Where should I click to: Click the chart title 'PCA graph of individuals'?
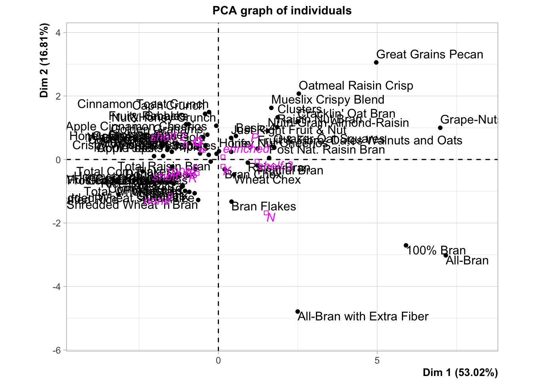(x=282, y=11)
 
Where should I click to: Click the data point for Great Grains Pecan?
(x=376, y=62)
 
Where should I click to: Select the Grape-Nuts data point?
(x=440, y=128)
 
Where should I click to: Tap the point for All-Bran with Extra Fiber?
(x=297, y=312)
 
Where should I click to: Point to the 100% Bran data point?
(x=406, y=246)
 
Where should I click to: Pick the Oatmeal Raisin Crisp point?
(x=299, y=94)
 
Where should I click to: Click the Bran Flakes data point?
(x=231, y=202)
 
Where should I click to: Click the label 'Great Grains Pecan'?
(x=430, y=54)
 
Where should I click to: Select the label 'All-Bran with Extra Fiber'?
(x=363, y=317)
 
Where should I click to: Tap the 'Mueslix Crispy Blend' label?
(x=327, y=100)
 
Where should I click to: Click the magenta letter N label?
(x=271, y=218)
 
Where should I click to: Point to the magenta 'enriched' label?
(x=246, y=149)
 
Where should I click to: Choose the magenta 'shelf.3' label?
(x=275, y=166)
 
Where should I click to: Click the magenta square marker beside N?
(x=266, y=213)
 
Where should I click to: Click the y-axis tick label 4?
(x=58, y=33)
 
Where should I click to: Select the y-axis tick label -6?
(x=57, y=350)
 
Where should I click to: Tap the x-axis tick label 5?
(x=377, y=360)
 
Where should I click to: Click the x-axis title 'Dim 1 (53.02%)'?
(x=460, y=373)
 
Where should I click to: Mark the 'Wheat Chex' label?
(x=267, y=180)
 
